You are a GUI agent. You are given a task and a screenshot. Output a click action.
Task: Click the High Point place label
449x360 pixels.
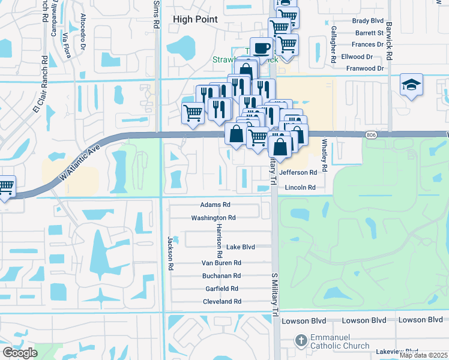coord(195,19)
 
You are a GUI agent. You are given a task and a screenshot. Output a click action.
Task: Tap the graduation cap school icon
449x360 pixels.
coord(411,85)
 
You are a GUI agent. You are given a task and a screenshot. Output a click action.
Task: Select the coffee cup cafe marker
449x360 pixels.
coord(261,48)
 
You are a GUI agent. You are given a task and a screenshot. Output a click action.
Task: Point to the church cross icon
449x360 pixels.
coord(301,341)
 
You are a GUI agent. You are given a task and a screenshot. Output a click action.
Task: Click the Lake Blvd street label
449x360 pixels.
coord(241,247)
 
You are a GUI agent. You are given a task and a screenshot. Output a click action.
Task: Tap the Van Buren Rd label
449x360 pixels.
coord(221,263)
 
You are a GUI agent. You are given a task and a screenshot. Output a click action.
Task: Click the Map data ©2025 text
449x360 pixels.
coord(423,355)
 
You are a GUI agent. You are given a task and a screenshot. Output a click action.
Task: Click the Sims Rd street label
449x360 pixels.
coord(157,13)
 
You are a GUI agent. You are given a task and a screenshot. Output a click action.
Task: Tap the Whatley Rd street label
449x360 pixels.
coord(324,154)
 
